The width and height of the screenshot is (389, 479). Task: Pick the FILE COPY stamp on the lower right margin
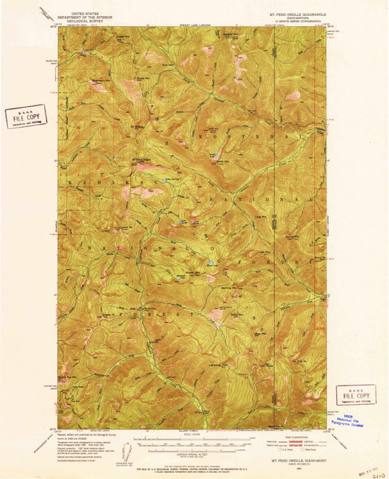(x=355, y=393)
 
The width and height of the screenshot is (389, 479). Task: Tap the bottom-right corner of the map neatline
(x=328, y=429)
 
